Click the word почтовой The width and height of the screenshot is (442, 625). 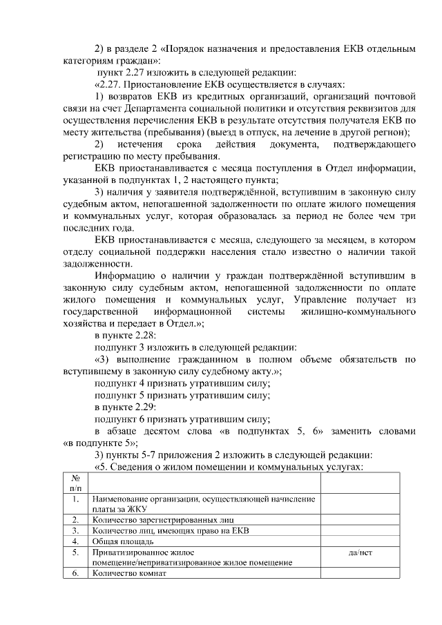[394, 95]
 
